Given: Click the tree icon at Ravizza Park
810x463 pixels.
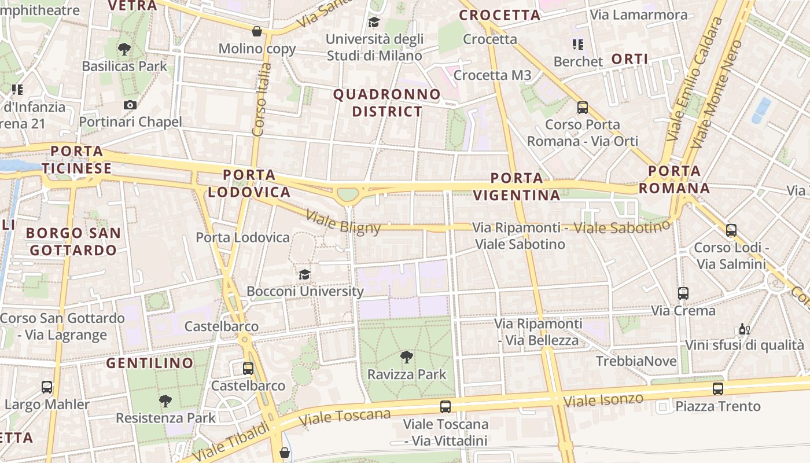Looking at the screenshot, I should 407,357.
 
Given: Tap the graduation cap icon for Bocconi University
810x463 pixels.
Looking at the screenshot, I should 304,274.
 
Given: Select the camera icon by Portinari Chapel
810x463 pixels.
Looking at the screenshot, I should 130,105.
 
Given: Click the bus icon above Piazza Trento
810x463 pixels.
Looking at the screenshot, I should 718,388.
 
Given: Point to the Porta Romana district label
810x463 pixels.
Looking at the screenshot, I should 674,179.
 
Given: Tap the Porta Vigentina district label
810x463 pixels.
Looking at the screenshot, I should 517,186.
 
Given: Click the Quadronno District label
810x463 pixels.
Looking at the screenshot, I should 387,102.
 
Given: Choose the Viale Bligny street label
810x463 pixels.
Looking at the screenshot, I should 343,222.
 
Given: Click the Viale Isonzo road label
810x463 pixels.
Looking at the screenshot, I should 603,399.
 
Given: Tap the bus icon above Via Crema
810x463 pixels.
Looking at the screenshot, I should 683,293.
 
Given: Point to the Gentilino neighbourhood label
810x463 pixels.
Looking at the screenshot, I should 150,363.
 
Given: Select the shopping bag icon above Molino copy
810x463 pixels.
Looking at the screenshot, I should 257,31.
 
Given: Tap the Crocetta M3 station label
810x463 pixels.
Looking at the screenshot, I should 492,75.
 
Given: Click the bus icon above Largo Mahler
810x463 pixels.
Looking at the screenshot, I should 47,387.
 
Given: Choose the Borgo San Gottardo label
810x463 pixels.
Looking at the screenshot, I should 73,242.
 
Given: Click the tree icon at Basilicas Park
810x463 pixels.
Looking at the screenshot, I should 124,49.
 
